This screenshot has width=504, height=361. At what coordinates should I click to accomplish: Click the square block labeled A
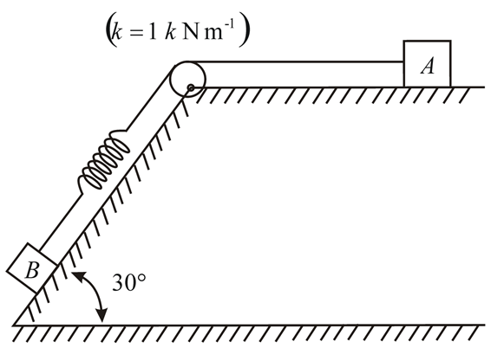[x=427, y=63]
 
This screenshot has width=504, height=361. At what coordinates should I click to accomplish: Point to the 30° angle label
[x=129, y=282]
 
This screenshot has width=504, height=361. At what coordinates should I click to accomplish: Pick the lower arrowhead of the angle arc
[x=102, y=319]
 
